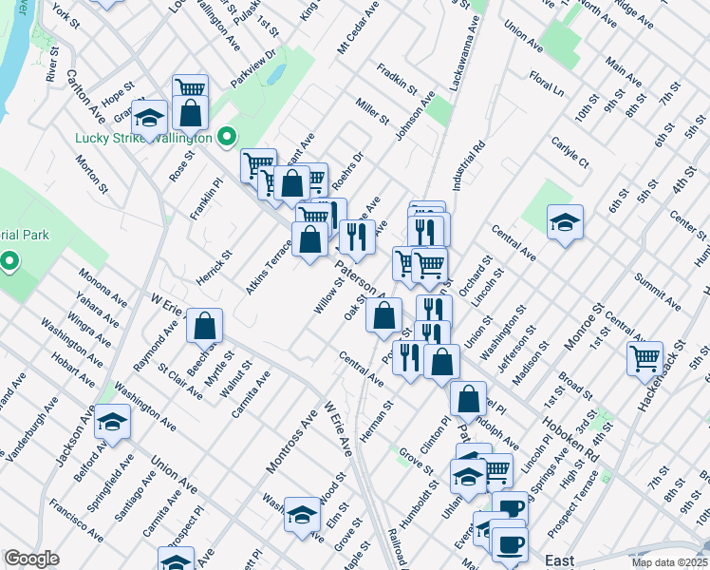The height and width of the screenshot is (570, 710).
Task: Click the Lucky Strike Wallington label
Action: [142, 138]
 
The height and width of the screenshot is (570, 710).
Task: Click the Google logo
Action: [32, 559]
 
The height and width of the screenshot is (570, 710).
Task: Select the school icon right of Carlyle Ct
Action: [565, 223]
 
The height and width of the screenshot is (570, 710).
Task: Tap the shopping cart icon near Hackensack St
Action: [645, 358]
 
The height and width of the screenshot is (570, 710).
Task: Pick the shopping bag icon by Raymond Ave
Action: [204, 327]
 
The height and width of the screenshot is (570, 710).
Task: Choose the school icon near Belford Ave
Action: [113, 421]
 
